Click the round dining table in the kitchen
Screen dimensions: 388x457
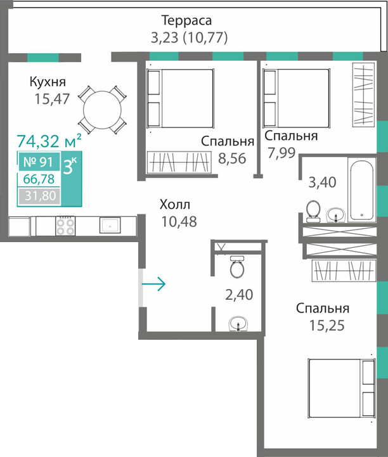click(102, 110)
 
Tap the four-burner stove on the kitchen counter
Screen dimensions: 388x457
click(65, 226)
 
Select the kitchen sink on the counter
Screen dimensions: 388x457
click(110, 225)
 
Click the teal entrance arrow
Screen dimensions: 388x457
click(153, 283)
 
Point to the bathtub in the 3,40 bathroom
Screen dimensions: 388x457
click(362, 190)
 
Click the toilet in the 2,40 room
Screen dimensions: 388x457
click(237, 267)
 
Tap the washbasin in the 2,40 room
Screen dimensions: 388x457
click(238, 323)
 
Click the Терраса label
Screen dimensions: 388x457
click(186, 20)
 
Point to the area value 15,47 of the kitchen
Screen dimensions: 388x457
click(52, 99)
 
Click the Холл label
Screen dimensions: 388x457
click(175, 205)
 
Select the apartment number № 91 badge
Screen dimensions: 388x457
click(39, 162)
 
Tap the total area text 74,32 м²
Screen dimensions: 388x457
click(49, 141)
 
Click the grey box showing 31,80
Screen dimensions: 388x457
click(40, 196)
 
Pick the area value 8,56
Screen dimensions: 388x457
click(232, 158)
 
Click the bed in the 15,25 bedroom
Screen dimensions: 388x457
click(342, 388)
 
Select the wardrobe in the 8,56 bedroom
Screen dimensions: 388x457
click(179, 162)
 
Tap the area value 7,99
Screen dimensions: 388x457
click(282, 153)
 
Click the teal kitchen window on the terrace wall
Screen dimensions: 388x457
click(43, 58)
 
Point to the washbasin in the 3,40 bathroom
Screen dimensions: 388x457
click(336, 215)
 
